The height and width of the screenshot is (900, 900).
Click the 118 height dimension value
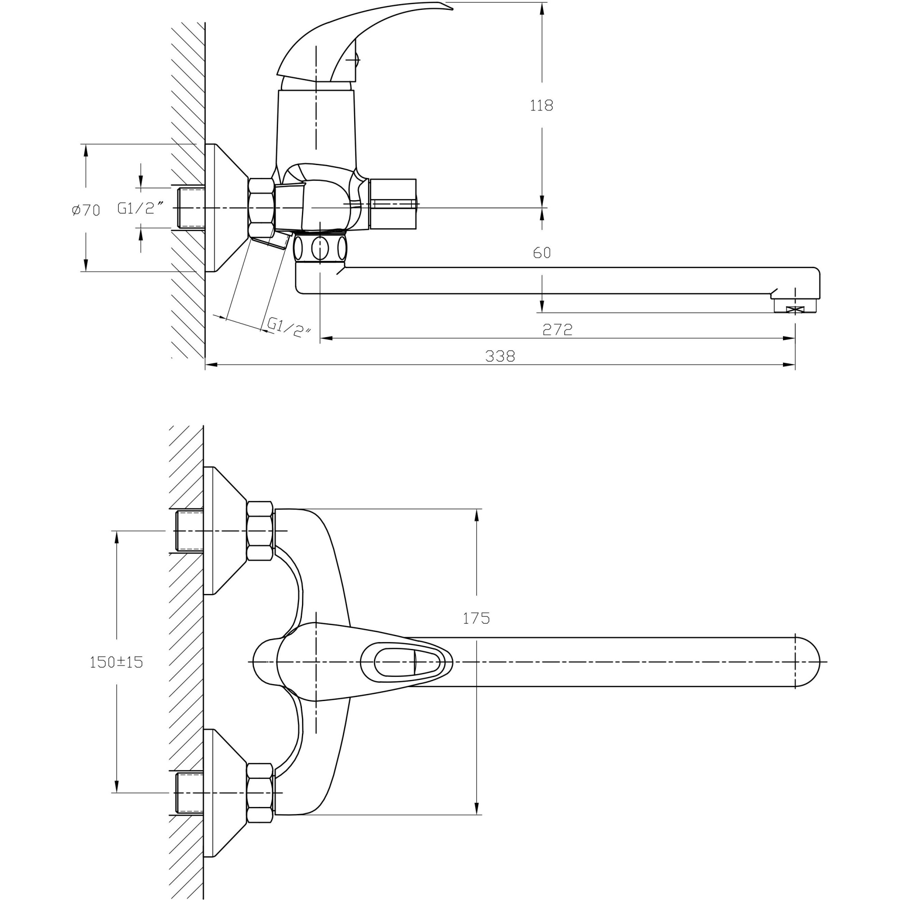pyautogui.click(x=541, y=106)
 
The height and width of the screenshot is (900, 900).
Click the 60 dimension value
pyautogui.click(x=541, y=253)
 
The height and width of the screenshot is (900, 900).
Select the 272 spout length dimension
pyautogui.click(x=557, y=330)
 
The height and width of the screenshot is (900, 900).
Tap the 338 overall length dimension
pyautogui.click(x=500, y=356)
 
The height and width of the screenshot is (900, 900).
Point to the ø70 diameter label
pyautogui.click(x=86, y=211)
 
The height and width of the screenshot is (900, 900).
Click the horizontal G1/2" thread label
pyautogui.click(x=140, y=208)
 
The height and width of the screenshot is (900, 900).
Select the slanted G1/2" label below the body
pyautogui.click(x=288, y=328)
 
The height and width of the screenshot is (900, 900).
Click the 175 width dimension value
pyautogui.click(x=476, y=619)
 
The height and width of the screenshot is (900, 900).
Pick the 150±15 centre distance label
pyautogui.click(x=116, y=662)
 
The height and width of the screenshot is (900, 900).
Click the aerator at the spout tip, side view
pyautogui.click(x=795, y=306)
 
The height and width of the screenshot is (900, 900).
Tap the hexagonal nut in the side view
pyautogui.click(x=261, y=208)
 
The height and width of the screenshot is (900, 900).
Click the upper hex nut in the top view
pyautogui.click(x=260, y=531)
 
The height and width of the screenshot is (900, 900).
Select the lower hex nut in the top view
pyautogui.click(x=260, y=793)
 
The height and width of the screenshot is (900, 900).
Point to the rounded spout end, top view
pyautogui.click(x=808, y=661)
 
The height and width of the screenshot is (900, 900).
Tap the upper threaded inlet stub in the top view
pyautogui.click(x=189, y=531)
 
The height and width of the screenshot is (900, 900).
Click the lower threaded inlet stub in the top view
pyautogui.click(x=189, y=792)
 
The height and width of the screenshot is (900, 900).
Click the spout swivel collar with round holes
pyautogui.click(x=320, y=248)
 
